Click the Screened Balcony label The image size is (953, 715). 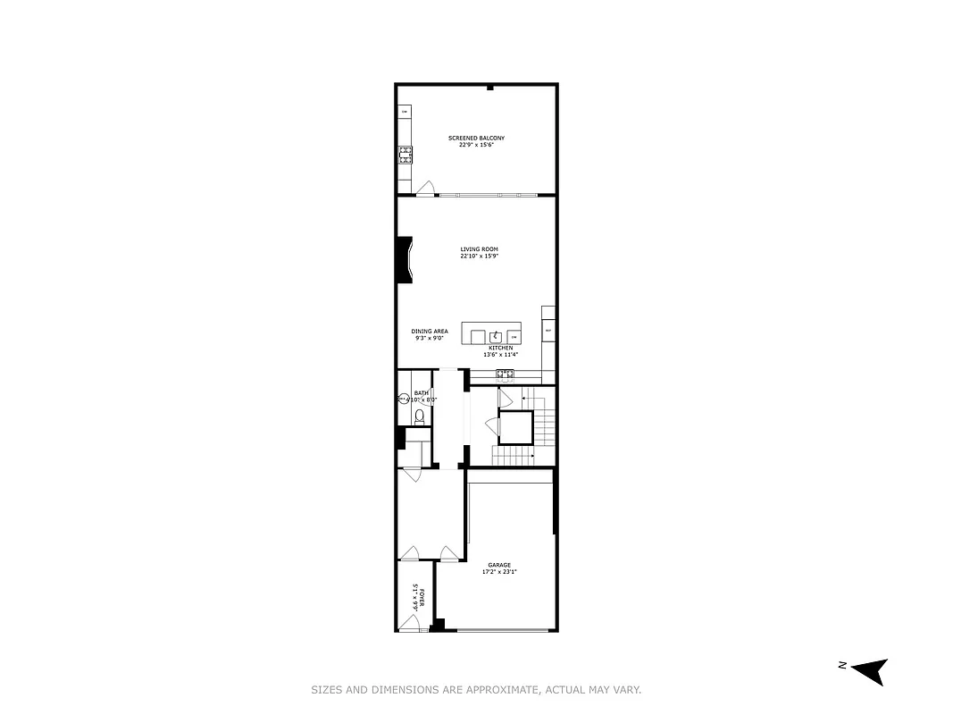476,138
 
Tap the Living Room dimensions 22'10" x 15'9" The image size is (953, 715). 478,257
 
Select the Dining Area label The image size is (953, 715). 429,332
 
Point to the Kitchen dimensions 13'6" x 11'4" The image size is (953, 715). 500,355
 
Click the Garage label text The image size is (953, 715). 498,565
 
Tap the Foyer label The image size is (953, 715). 422,597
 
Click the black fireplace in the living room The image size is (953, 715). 405,260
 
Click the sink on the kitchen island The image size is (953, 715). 495,336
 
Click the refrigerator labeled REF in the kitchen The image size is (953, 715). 548,331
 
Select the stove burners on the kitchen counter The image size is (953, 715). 505,373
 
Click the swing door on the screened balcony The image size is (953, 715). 426,189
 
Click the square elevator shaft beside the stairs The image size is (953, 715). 515,427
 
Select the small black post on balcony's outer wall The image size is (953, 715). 489,88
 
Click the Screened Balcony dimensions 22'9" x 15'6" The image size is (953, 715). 476,145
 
